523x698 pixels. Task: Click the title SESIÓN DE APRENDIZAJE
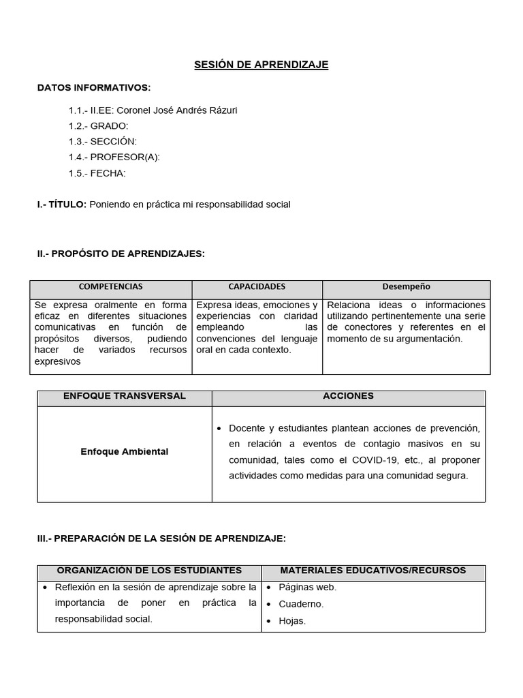point(261,65)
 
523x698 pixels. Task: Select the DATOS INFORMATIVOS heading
point(94,88)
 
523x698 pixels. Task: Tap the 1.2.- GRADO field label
point(98,125)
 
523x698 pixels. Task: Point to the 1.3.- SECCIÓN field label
point(102,141)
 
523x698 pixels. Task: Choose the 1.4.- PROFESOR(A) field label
point(114,157)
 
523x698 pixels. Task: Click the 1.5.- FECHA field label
point(97,172)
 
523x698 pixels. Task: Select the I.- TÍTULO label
point(62,204)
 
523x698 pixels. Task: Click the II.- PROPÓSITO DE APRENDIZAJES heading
point(121,254)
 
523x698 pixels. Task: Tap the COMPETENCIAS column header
point(111,287)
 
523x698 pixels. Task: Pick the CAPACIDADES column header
point(257,287)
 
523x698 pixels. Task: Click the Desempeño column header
point(406,287)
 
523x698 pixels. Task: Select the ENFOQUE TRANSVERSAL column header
point(124,396)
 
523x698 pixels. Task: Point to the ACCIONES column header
point(348,396)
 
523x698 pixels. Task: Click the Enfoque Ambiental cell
point(124,451)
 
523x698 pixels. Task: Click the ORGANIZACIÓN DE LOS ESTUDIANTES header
point(149,570)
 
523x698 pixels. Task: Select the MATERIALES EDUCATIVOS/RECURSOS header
point(373,570)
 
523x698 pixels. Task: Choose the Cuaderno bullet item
point(301,604)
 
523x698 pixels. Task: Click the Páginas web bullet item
point(307,587)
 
